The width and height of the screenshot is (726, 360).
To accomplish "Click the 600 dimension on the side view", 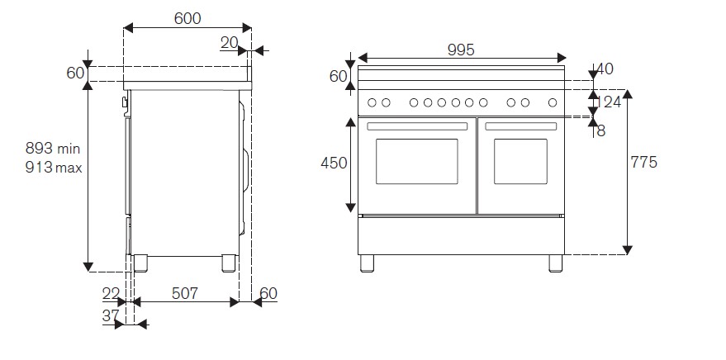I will (187, 18).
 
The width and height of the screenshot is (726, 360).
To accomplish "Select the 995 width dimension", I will (460, 50).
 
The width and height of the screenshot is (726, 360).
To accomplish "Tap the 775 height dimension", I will (643, 163).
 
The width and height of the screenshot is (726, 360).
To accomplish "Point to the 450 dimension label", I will (334, 163).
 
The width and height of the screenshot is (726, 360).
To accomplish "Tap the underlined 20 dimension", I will (230, 43).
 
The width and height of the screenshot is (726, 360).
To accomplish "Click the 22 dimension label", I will (110, 293).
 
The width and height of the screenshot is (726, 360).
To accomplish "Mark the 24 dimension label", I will (611, 102).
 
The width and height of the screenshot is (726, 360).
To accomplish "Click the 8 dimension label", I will (600, 130).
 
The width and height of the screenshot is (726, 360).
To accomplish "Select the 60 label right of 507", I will (268, 293).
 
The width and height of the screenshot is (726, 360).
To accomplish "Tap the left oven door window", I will (416, 161).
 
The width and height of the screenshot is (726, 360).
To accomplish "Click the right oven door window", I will (520, 161).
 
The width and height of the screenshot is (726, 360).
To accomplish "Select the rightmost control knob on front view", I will (551, 103).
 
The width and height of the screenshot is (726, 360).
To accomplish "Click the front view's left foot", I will (368, 263).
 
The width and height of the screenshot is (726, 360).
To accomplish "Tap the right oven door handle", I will (520, 127).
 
